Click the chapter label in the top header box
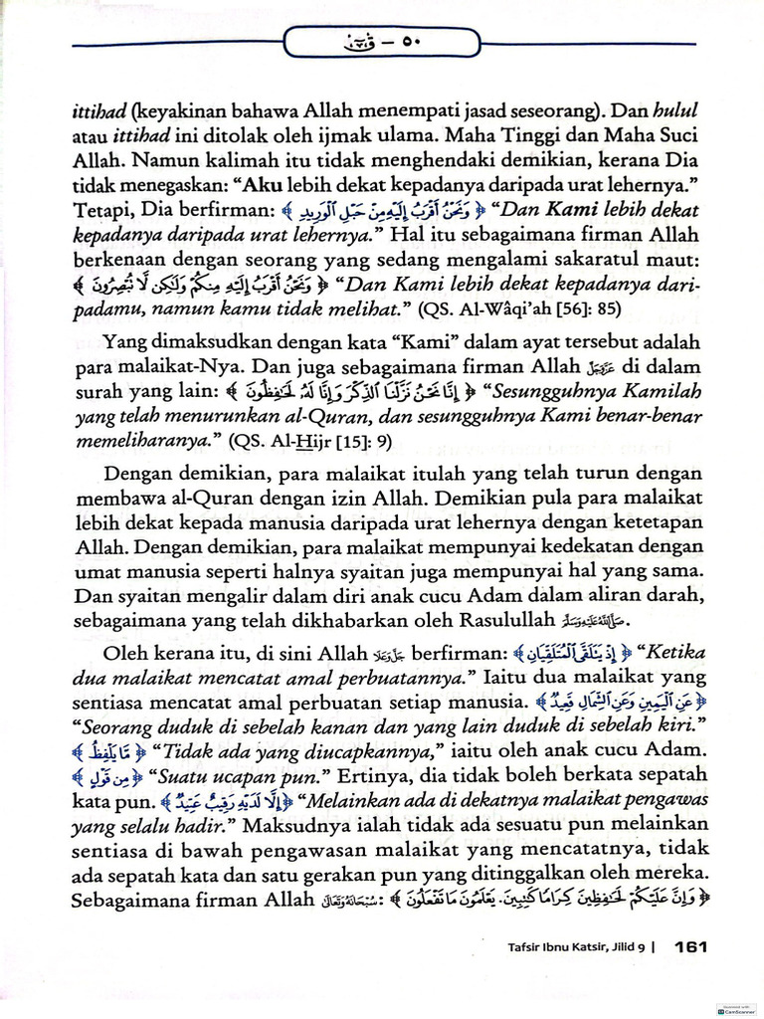pos(381,42)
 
